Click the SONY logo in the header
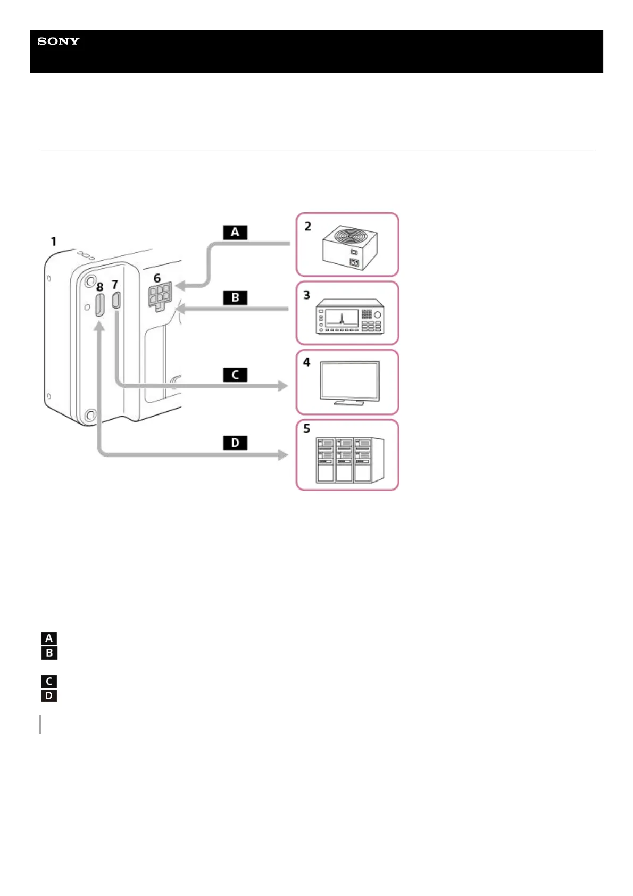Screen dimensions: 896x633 [59, 42]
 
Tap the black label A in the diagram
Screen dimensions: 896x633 [235, 233]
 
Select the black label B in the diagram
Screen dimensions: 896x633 [235, 297]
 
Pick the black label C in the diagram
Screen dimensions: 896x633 [235, 375]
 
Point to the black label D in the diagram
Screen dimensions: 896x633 [235, 443]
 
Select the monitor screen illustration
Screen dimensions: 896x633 [350, 383]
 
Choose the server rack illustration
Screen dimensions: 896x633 [349, 460]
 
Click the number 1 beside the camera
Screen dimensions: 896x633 [53, 242]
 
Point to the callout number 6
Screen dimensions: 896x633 [157, 278]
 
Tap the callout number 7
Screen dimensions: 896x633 [115, 285]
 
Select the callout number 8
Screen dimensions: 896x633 [99, 287]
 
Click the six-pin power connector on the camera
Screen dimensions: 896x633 [160, 296]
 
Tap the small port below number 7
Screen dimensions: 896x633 [117, 301]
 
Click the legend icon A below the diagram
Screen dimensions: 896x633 [49, 638]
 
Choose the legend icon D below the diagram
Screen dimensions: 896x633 [49, 695]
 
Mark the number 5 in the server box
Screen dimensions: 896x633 [307, 428]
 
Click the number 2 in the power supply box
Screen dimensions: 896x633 [307, 227]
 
